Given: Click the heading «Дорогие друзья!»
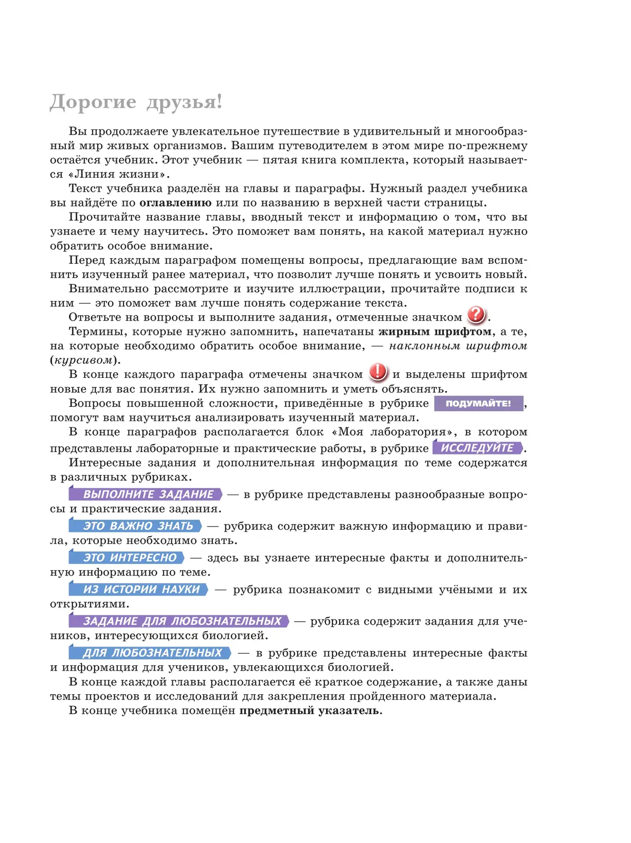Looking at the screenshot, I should (136, 102).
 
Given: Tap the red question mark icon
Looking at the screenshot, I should (476, 315).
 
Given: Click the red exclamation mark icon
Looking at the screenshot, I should (378, 372).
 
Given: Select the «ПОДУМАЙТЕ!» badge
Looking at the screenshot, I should (479, 403).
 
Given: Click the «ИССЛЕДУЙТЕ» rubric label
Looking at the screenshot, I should (477, 448).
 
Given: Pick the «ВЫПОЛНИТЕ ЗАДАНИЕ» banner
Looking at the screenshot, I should (146, 494).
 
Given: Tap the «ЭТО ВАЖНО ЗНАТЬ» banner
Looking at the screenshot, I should (136, 526).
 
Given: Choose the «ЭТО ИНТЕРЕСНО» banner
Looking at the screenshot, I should (127, 558).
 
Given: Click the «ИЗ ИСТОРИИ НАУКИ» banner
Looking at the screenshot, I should (139, 590).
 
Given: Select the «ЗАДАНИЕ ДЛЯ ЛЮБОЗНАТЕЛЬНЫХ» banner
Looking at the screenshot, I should (179, 621).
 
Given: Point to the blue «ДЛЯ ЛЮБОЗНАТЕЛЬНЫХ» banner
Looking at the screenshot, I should (150, 653).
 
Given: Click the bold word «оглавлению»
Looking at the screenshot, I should (176, 203).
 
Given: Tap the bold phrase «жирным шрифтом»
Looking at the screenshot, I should (435, 332).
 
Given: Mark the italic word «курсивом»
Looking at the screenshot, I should (84, 361).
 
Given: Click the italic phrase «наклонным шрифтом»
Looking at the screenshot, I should (458, 346).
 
